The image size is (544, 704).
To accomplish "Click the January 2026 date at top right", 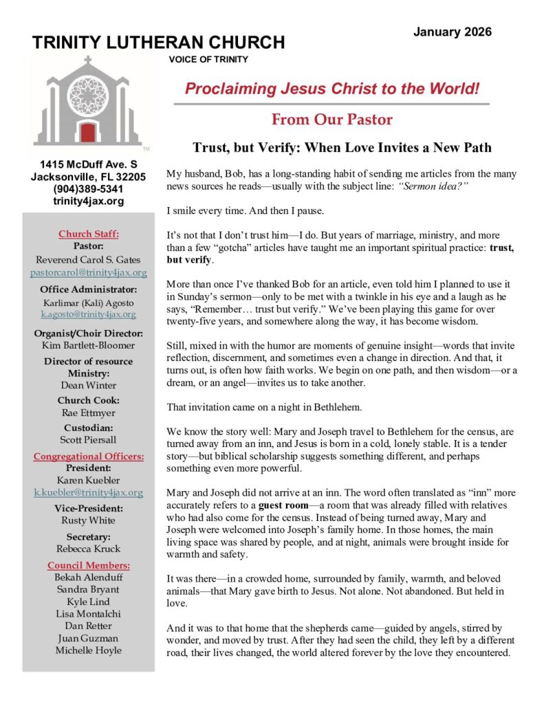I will click(453, 32).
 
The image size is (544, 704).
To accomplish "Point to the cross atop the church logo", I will click(87, 60).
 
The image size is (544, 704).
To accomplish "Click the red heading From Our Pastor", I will click(331, 120).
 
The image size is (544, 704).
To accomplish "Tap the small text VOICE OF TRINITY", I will click(208, 60).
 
